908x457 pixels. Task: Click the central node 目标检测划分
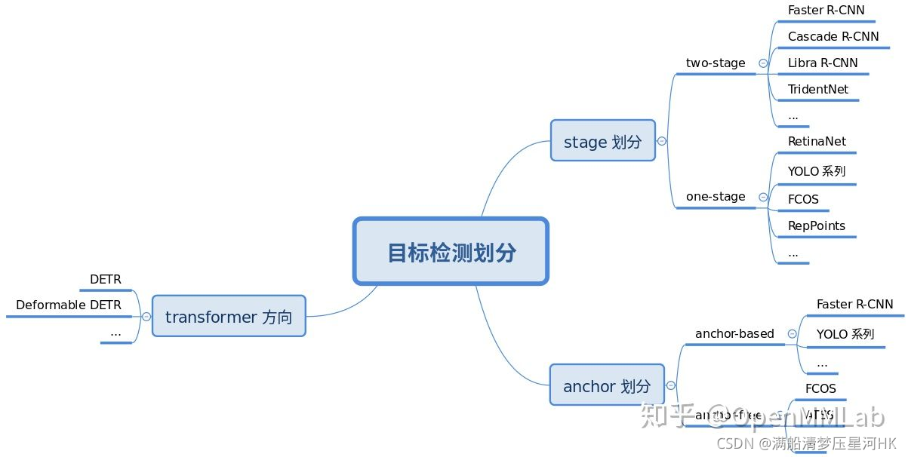(451, 252)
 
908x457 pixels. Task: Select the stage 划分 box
(602, 141)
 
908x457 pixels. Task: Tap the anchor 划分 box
(607, 386)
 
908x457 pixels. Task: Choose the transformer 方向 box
(229, 317)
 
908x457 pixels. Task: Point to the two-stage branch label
(716, 63)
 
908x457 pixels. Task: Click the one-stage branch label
(716, 197)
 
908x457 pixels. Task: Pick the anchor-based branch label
(734, 333)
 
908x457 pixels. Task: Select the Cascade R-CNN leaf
(833, 36)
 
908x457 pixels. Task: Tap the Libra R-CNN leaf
(823, 63)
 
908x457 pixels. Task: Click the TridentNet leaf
(818, 89)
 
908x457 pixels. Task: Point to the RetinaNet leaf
(817, 142)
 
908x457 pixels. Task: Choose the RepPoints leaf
(817, 225)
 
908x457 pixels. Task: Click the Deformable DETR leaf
(69, 305)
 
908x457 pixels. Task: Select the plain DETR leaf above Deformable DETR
(106, 280)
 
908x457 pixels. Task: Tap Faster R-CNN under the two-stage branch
(826, 11)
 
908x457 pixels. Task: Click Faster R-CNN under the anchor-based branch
(854, 305)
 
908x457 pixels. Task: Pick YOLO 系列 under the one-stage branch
(817, 171)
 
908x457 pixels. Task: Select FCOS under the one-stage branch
(803, 200)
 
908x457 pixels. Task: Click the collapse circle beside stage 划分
(662, 141)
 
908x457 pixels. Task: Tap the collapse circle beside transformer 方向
(146, 317)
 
